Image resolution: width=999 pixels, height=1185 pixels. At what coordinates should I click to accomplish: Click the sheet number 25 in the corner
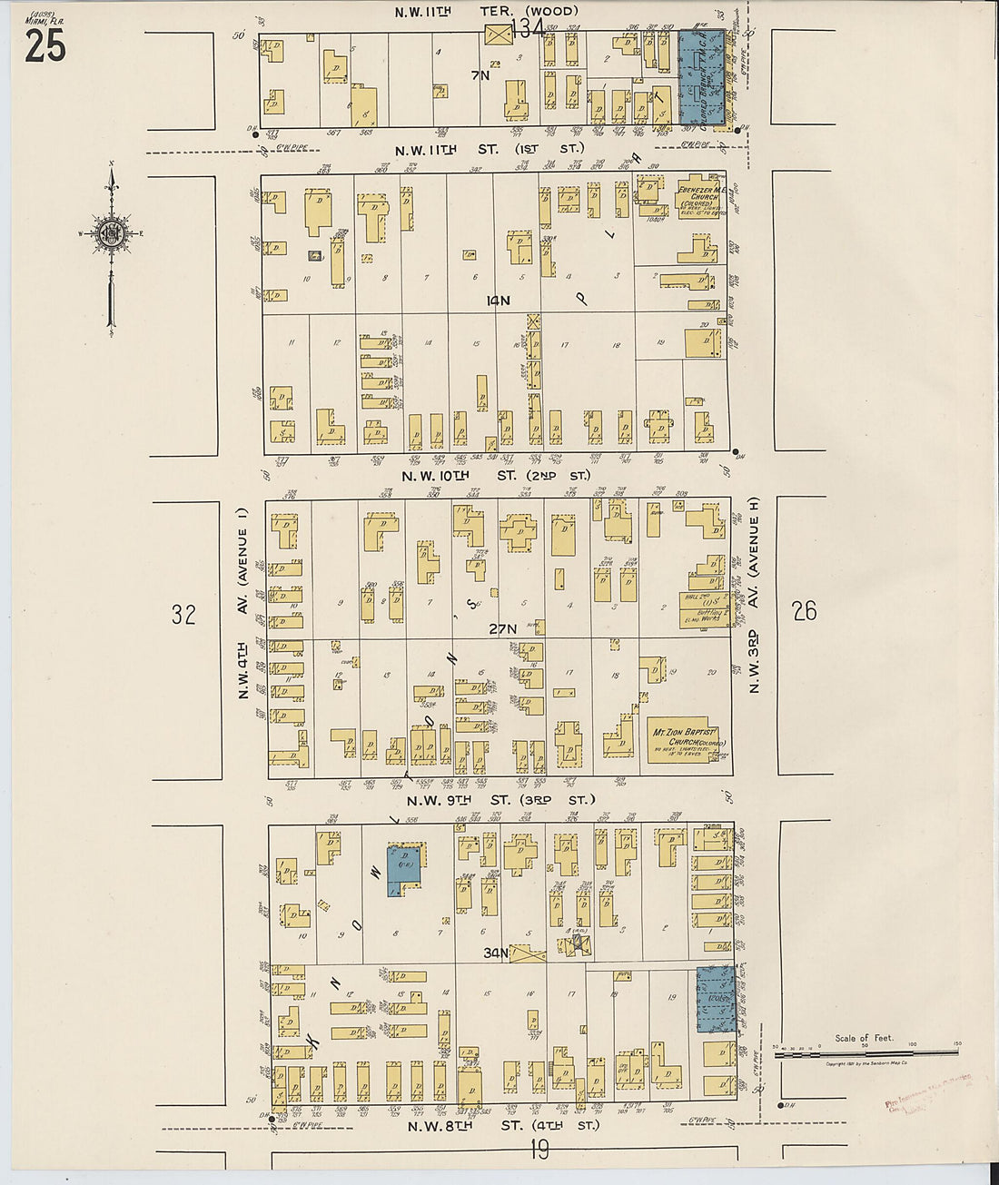point(45,45)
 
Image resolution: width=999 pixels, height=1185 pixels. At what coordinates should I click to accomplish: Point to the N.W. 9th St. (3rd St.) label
point(500,800)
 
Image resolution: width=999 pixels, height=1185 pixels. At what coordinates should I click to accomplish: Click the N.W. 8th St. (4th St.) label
point(503,1126)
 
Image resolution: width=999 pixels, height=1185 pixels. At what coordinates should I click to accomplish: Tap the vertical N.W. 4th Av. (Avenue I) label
point(243,614)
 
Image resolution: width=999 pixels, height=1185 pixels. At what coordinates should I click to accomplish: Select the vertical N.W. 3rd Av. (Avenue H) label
point(754,595)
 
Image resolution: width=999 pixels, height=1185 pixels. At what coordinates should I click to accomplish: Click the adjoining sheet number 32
point(183,616)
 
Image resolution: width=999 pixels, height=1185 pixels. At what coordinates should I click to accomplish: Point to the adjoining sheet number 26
point(804,611)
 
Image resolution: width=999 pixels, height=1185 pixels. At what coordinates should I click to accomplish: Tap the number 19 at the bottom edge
point(539,1151)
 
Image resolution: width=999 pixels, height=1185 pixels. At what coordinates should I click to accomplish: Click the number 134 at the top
point(527,29)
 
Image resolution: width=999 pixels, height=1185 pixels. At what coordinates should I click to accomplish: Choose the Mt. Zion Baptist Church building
point(686,739)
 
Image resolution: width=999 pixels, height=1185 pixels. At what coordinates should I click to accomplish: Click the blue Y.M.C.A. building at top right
point(702,77)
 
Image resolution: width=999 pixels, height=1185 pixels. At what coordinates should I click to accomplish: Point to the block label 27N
point(502,628)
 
